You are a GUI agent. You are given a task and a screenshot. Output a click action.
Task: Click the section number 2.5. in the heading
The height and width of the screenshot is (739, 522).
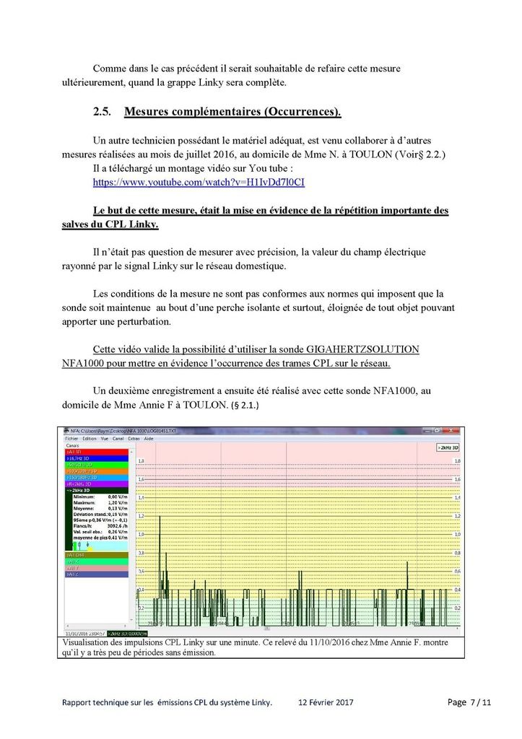point(104,112)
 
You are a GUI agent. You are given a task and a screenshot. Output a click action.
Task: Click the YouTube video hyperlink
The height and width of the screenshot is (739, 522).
point(199,183)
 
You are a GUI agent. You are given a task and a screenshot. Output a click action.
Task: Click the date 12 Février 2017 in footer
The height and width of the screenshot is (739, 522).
point(326,702)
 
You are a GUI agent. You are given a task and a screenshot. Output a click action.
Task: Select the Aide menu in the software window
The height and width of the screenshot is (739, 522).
point(149,438)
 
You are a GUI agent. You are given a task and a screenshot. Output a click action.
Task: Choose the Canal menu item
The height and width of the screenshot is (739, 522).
point(118,438)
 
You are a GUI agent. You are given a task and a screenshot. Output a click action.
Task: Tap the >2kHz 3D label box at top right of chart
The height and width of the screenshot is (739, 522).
point(448,448)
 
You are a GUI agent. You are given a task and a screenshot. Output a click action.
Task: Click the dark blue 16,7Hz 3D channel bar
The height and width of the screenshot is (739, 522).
point(96,458)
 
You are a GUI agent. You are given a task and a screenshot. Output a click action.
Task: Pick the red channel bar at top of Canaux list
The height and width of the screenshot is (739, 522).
point(96,452)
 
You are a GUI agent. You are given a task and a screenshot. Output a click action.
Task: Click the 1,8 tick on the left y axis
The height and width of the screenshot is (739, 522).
point(141,460)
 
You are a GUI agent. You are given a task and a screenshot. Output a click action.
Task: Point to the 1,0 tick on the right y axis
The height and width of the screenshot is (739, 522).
point(456,535)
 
